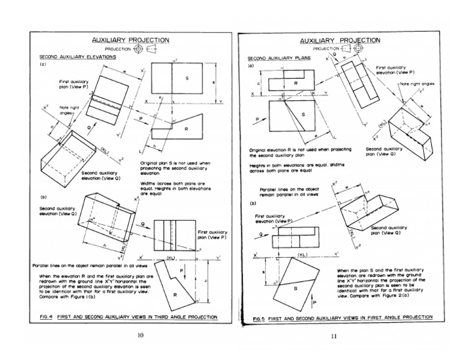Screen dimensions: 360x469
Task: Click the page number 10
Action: point(140,335)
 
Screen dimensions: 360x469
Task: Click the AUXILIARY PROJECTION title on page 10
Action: point(131,40)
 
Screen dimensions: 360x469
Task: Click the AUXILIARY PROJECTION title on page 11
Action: point(340,40)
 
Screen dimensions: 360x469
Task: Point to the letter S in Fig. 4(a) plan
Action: point(186,79)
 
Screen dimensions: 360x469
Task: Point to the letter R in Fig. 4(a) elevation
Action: point(186,129)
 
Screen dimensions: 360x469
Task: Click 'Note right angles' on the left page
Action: point(70,110)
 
